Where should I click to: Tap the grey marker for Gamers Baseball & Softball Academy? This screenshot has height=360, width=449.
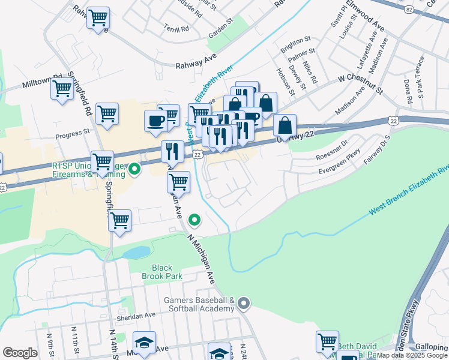(x=243, y=304)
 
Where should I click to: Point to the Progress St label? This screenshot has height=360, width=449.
(x=72, y=136)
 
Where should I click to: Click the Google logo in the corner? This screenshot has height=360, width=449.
(x=20, y=352)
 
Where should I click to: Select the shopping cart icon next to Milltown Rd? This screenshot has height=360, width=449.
(x=62, y=91)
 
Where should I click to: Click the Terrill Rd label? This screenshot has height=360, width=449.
(x=176, y=28)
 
